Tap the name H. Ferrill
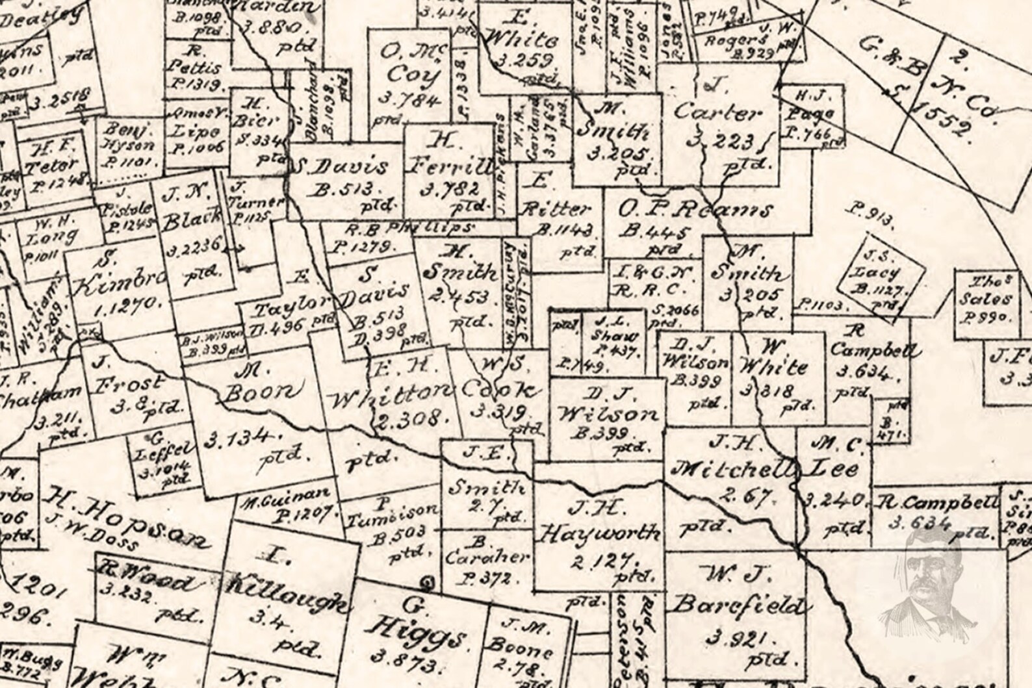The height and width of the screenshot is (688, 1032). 450,155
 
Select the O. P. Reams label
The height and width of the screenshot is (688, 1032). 694,210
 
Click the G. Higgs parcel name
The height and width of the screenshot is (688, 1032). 416,624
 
